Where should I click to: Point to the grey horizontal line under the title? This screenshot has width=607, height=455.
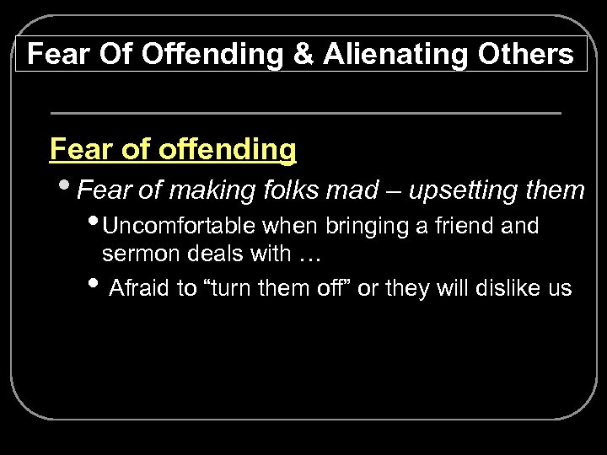(305, 112)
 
